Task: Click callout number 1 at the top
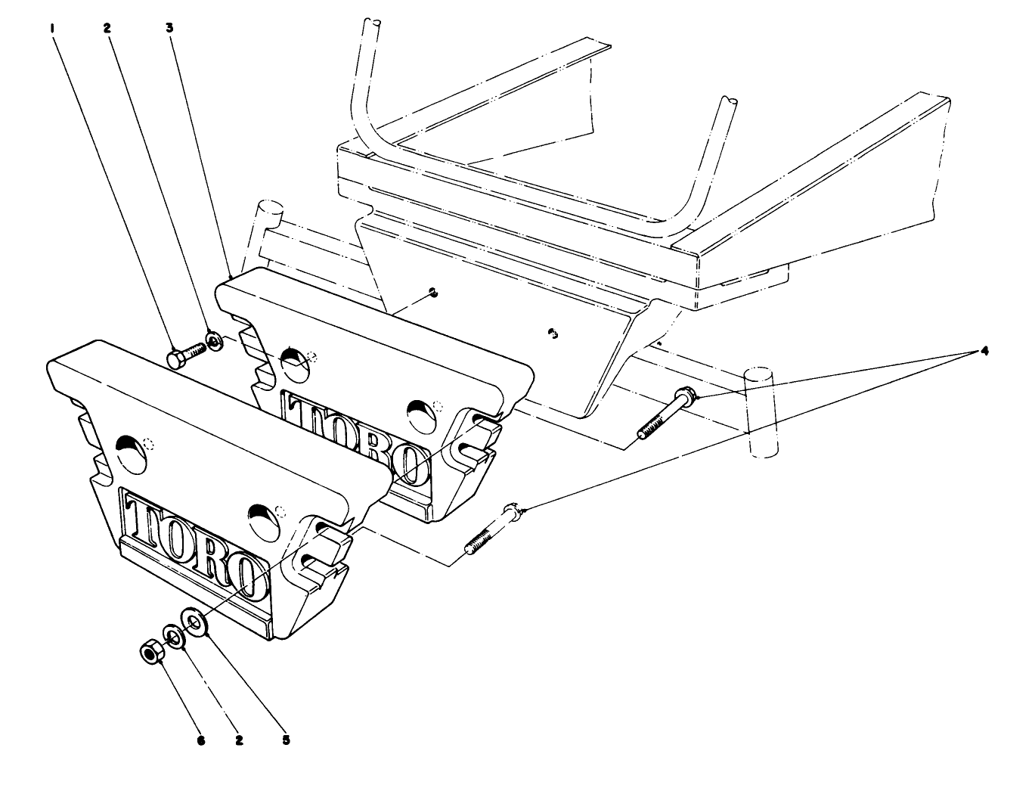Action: click(52, 28)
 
